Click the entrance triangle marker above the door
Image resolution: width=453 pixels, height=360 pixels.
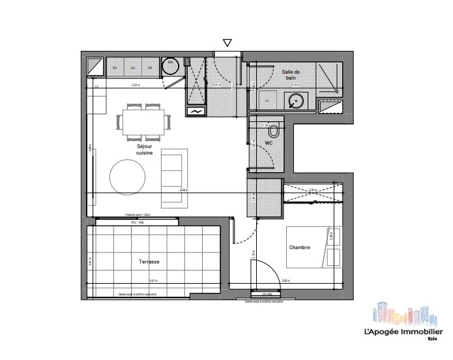(x=227, y=43)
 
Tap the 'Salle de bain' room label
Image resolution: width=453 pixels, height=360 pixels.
(x=291, y=74)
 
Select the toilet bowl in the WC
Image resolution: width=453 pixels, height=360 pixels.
(x=276, y=131)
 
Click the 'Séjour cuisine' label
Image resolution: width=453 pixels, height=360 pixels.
(x=145, y=150)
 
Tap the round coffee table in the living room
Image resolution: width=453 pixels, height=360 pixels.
(x=128, y=175)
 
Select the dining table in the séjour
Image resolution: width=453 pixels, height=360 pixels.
(x=145, y=121)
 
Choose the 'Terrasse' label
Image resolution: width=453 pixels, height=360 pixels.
(x=149, y=262)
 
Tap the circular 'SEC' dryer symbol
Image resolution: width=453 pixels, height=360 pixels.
(x=171, y=65)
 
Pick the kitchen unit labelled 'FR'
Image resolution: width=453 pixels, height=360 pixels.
(x=150, y=68)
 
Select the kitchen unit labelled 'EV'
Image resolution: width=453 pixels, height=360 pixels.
(x=115, y=68)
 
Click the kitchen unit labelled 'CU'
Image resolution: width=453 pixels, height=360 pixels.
(x=133, y=68)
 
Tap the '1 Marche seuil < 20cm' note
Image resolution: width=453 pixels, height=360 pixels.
(x=137, y=215)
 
